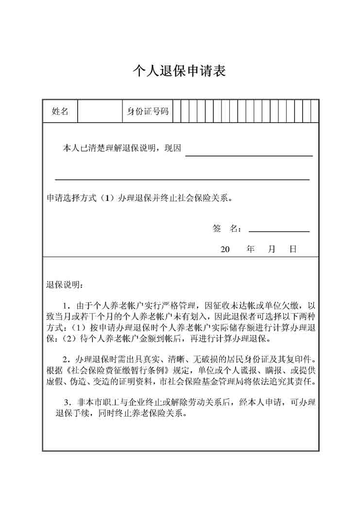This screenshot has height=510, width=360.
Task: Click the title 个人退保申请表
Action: (180, 71)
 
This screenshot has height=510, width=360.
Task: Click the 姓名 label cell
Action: (60, 111)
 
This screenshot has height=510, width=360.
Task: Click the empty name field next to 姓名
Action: (99, 111)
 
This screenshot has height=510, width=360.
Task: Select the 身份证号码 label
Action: (147, 111)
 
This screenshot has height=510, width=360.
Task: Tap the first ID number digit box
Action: (177, 111)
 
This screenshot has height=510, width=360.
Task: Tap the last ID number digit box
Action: (315, 111)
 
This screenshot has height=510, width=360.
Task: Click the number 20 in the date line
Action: (225, 249)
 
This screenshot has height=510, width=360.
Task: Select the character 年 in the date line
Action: (251, 249)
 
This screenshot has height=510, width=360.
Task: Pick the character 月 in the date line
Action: (272, 249)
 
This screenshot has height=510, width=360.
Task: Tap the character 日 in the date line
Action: (293, 249)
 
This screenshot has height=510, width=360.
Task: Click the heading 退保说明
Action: (65, 284)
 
